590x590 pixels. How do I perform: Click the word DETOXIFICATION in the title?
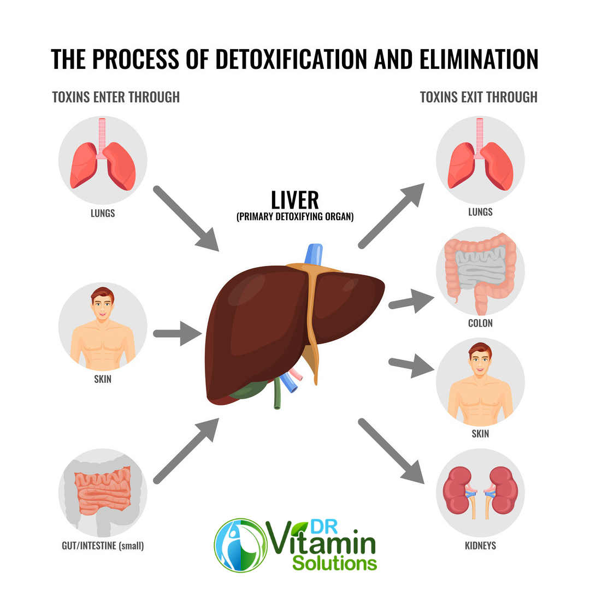point(291,59)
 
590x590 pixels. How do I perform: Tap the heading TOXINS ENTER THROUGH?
point(116,97)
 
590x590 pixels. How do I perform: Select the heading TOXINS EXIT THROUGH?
point(479,97)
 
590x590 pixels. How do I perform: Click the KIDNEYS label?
point(480,546)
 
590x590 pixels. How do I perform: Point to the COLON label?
point(480,323)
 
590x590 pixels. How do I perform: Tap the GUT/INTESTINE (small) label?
point(103,546)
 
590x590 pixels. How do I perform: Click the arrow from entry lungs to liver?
point(186,218)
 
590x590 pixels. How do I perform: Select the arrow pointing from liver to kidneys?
point(391,451)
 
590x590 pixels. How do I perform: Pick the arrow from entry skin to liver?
point(177,333)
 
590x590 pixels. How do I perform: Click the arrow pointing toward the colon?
point(411,301)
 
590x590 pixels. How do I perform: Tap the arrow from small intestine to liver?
point(186,451)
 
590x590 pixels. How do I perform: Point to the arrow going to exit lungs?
point(391,216)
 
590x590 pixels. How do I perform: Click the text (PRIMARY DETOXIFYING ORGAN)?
point(295,217)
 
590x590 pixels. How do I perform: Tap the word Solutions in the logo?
point(334,563)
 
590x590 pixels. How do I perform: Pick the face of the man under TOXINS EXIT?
point(480,360)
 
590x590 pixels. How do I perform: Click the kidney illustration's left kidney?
point(457,490)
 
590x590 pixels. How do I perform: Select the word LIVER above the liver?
point(295,200)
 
